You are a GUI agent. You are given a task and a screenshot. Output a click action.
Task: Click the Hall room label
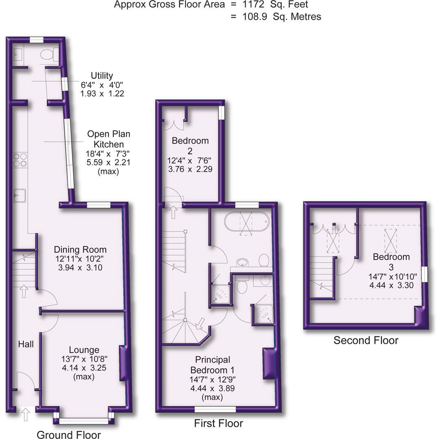(26, 344)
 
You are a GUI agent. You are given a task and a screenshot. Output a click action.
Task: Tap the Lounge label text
(84, 350)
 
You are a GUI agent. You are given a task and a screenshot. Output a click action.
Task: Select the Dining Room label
(80, 250)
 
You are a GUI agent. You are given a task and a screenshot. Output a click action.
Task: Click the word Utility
(102, 76)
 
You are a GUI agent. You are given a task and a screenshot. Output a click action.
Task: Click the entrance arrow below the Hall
(25, 415)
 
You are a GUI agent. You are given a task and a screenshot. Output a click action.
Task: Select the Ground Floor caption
(69, 435)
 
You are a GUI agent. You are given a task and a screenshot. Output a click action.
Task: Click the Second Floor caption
(366, 340)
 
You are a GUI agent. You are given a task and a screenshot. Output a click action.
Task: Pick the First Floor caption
(218, 423)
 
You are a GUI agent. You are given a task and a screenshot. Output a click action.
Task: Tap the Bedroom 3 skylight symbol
(391, 240)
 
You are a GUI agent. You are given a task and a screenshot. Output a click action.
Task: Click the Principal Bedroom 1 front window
(215, 409)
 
